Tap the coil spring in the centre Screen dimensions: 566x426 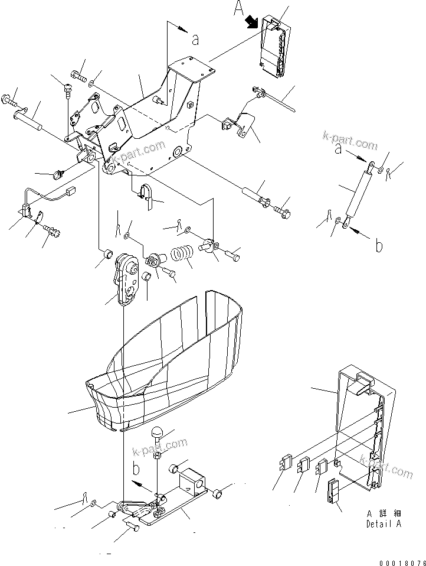click(182, 256)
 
